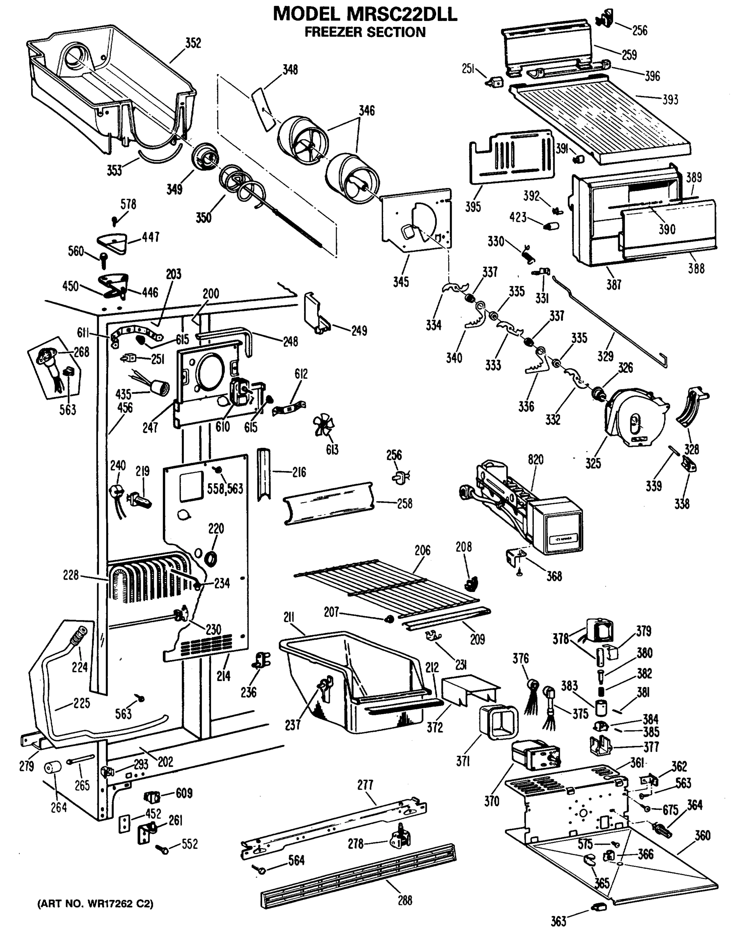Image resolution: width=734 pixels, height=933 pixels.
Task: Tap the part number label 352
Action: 193,43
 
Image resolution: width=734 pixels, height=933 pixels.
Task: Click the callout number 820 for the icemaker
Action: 535,460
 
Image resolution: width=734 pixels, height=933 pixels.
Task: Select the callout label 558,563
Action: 225,489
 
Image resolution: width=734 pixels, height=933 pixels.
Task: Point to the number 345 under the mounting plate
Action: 400,282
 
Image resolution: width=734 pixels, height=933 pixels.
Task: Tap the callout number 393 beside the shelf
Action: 670,100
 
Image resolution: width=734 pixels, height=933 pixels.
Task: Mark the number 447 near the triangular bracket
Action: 150,237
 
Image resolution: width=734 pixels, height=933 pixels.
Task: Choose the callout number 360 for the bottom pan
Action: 702,835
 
